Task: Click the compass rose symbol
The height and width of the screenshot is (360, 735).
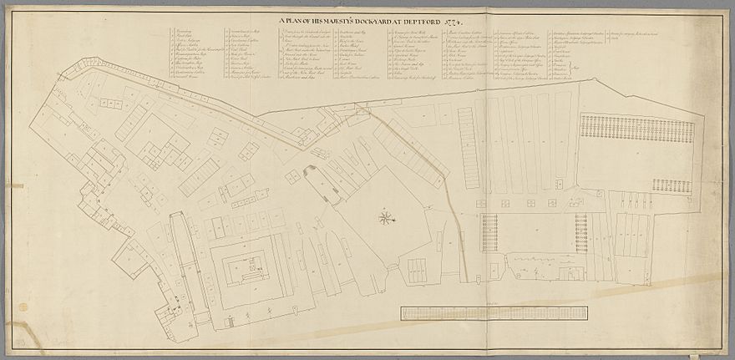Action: [x=385, y=219]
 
